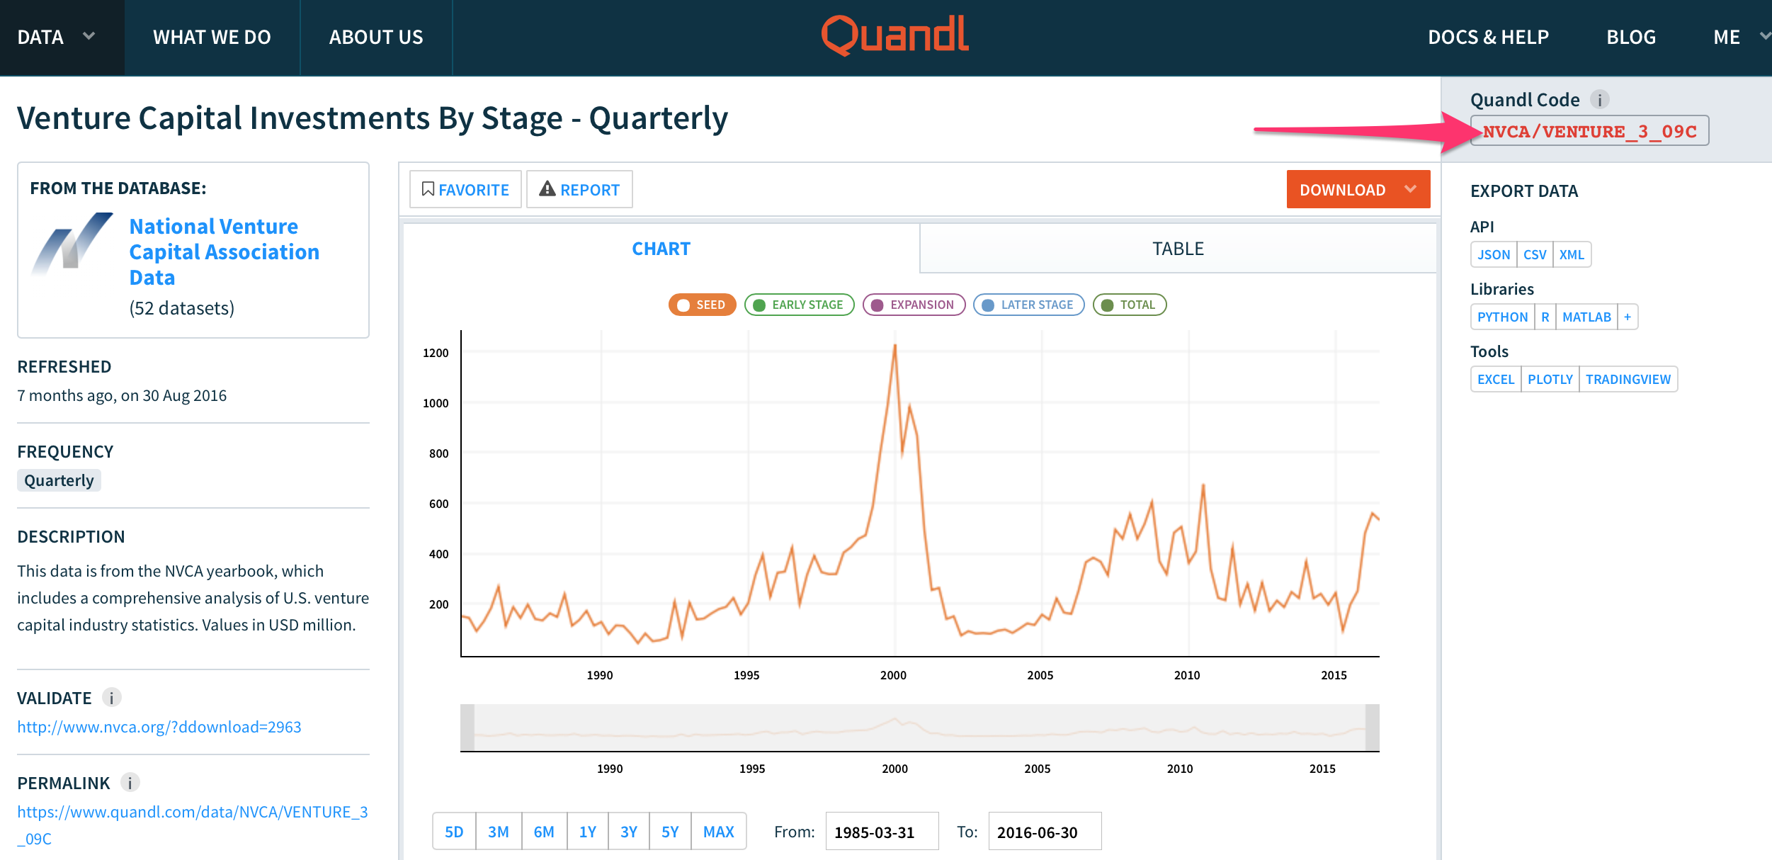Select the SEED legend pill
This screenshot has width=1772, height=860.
click(702, 305)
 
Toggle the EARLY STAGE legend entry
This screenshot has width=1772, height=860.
click(799, 305)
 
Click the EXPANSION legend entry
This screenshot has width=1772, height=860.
click(914, 305)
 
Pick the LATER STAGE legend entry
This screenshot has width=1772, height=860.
click(1028, 305)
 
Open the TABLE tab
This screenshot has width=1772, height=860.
click(1177, 249)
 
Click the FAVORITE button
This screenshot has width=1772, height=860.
click(465, 190)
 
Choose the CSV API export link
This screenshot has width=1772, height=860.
click(1534, 255)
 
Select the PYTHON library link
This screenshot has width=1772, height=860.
click(1502, 317)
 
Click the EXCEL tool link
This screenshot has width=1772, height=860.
click(1495, 380)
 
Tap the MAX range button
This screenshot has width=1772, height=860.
click(718, 832)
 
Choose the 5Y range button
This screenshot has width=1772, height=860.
click(670, 832)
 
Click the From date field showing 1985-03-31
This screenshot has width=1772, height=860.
click(881, 832)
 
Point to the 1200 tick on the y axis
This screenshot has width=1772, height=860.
click(436, 353)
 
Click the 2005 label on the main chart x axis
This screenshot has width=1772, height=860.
click(1040, 675)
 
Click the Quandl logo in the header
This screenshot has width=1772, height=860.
click(894, 35)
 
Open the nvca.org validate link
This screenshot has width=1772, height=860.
click(159, 727)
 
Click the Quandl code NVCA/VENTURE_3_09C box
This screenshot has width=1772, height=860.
click(1589, 131)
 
